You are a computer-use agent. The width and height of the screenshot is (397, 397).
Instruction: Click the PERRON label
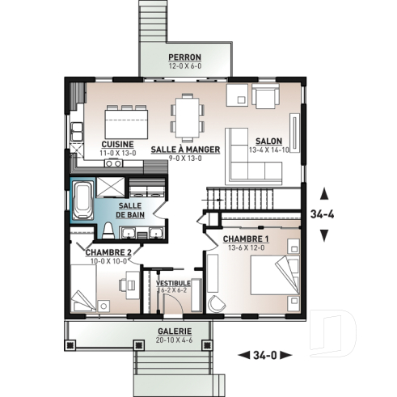pos(184,57)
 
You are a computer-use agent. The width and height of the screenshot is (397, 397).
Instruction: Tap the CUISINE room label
pos(118,144)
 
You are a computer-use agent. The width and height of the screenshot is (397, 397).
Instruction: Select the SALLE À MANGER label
pos(179,150)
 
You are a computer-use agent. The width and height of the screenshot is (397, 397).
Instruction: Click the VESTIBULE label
pos(173,283)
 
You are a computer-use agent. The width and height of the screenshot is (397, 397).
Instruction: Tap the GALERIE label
pos(175,332)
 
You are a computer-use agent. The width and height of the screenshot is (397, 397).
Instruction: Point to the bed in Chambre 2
pos(84,291)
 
